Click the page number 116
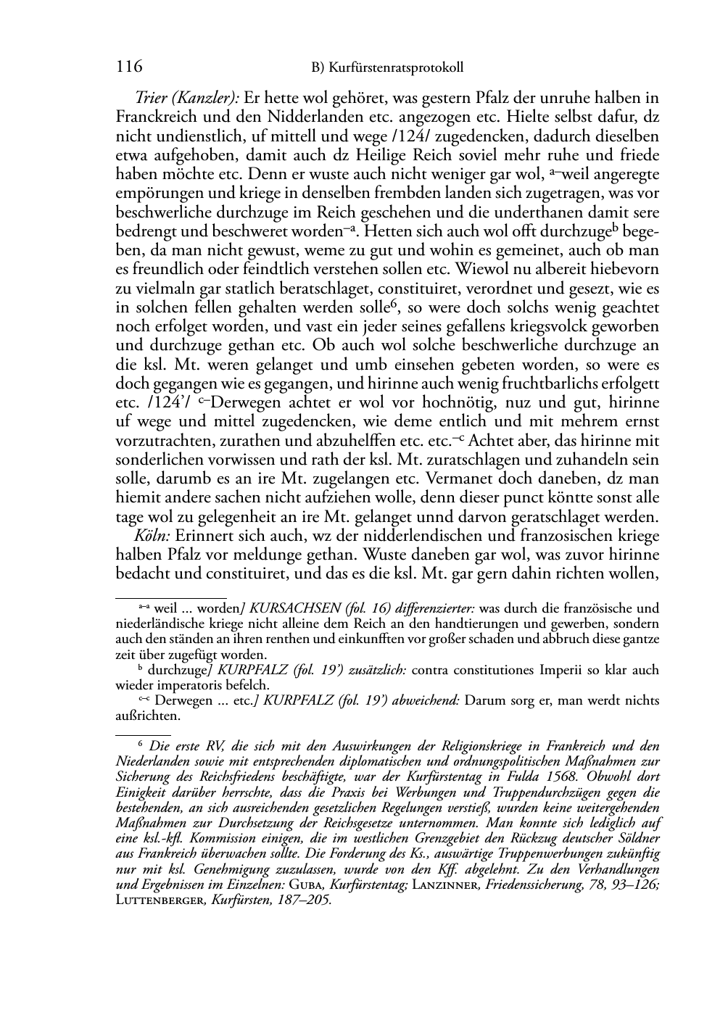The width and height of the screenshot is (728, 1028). coord(128,67)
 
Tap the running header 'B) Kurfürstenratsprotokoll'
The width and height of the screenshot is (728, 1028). coord(387,68)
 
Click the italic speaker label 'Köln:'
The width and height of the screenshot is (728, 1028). coord(152,536)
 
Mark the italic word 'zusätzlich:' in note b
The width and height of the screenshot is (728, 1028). coord(373,671)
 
